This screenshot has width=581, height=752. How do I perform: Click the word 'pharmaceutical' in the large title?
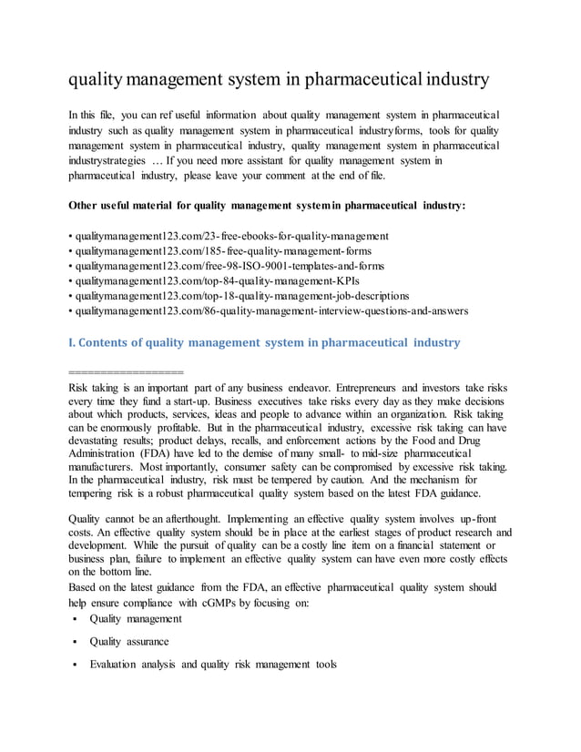359,80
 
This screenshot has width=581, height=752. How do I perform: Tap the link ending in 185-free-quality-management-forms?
223,250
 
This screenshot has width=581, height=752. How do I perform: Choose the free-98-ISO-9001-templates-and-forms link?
229,266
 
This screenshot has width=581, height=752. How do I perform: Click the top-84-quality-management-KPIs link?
217,280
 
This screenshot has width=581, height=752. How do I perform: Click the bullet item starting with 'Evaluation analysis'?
212,664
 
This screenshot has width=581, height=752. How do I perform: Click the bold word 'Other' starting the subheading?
85,206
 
